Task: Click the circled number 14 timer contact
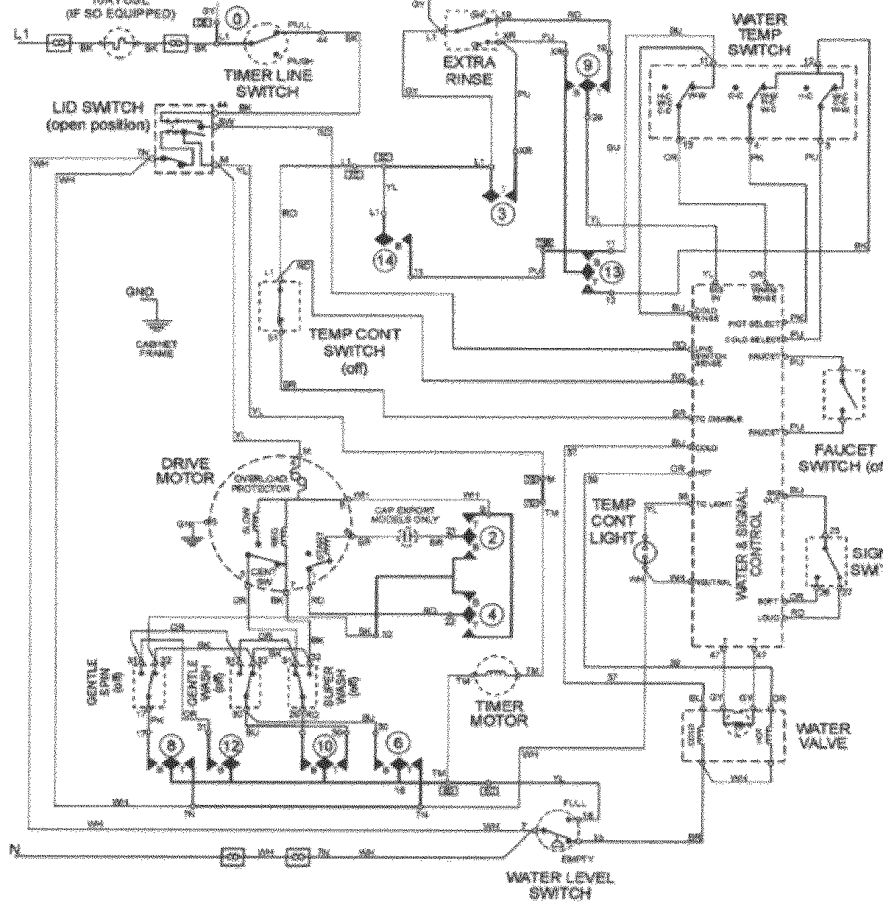pyautogui.click(x=386, y=258)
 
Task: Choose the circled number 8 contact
pyautogui.click(x=172, y=745)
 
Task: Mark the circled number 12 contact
pyautogui.click(x=231, y=745)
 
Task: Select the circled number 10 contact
pyautogui.click(x=325, y=745)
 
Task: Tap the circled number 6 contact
pyautogui.click(x=398, y=745)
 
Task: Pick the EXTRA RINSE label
pyautogui.click(x=469, y=70)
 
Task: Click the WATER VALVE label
pyautogui.click(x=823, y=735)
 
